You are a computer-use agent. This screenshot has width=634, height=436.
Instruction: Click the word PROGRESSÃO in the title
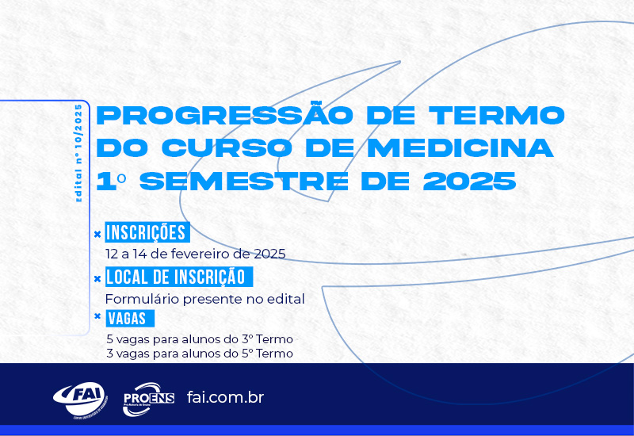225,114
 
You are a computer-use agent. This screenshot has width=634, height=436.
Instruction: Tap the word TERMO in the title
497,115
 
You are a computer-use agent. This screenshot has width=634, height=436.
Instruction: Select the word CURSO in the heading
227,147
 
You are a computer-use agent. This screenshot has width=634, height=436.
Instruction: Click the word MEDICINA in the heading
460,147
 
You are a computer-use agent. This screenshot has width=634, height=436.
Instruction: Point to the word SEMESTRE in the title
244,181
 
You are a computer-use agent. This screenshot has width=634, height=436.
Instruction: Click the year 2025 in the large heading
470,181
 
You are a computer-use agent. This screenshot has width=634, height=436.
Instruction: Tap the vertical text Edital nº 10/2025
78,153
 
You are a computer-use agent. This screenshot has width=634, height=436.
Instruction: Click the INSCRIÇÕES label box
147,232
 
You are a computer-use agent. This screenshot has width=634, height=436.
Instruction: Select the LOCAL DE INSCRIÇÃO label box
179,277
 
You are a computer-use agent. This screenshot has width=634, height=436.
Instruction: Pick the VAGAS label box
130,319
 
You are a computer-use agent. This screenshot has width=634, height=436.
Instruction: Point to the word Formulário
143,300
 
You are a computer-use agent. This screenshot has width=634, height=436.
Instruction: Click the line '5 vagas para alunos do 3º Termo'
200,339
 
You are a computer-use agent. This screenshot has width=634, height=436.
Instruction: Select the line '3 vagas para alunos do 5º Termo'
200,354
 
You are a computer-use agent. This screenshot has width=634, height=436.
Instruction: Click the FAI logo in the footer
81,400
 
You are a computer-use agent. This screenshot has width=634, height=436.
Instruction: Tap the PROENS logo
148,400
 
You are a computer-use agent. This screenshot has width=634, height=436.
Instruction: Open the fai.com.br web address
225,397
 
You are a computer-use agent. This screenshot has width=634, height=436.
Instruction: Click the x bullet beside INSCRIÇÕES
97,234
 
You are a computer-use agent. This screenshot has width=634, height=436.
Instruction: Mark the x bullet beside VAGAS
97,316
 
